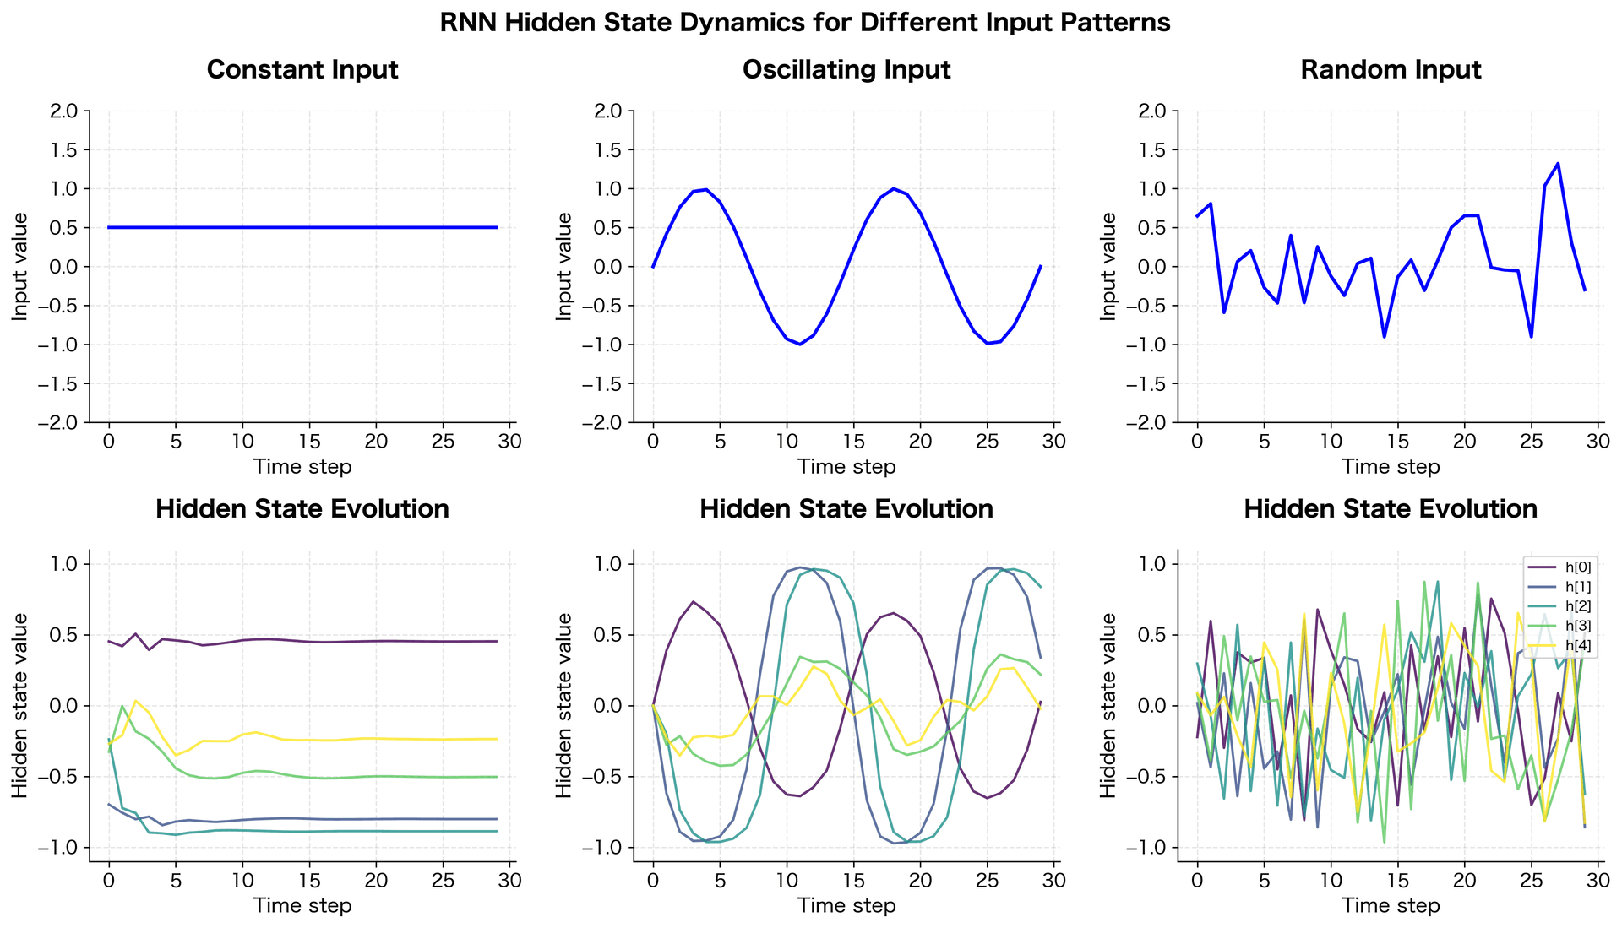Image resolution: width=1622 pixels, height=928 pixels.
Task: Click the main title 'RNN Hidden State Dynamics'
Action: click(804, 23)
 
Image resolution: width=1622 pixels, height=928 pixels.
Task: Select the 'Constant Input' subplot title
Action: click(302, 69)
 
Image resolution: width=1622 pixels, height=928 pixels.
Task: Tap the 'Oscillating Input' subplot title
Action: click(846, 69)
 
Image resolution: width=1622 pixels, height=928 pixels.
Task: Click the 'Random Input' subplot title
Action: click(1390, 69)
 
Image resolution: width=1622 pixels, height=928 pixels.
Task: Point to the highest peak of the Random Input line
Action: click(1558, 164)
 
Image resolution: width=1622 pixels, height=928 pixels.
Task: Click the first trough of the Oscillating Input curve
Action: click(800, 344)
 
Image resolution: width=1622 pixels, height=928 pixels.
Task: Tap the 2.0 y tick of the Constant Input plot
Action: click(64, 111)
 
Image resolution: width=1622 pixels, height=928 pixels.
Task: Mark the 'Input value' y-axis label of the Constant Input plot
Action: click(19, 266)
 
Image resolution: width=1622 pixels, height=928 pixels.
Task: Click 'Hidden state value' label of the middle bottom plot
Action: click(563, 705)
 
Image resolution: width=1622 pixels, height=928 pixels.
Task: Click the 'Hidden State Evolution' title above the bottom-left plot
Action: click(302, 509)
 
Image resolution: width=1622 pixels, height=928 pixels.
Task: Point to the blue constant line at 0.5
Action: click(302, 227)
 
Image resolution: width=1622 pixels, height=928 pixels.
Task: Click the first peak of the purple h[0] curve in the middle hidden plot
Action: click(693, 602)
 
